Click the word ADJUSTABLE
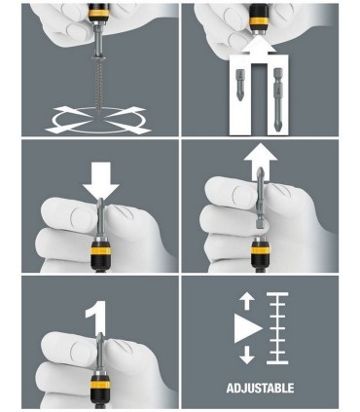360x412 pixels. click(x=260, y=388)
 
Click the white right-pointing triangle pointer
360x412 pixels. click(x=248, y=328)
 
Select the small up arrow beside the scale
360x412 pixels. click(x=247, y=300)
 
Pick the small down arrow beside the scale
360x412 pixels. click(x=247, y=356)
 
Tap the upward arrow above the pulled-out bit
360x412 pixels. click(x=261, y=159)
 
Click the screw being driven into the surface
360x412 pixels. click(x=97, y=86)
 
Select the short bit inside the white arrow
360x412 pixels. click(x=241, y=85)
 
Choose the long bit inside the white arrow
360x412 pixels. click(x=278, y=99)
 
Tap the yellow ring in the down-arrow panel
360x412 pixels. click(x=100, y=250)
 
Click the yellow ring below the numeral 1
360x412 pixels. click(x=100, y=384)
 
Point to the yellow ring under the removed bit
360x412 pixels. click(x=260, y=250)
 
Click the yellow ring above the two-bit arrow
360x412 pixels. click(x=259, y=21)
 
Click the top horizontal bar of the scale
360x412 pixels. click(x=277, y=294)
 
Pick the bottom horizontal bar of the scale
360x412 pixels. click(x=277, y=362)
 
